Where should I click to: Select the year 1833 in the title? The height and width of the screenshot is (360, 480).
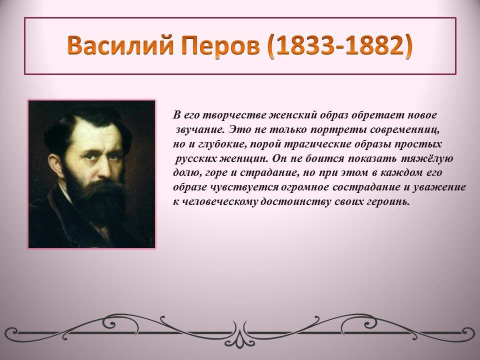click(303, 45)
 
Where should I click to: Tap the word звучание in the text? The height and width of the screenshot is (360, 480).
click(200, 129)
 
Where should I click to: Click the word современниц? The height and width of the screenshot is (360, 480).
click(404, 130)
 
